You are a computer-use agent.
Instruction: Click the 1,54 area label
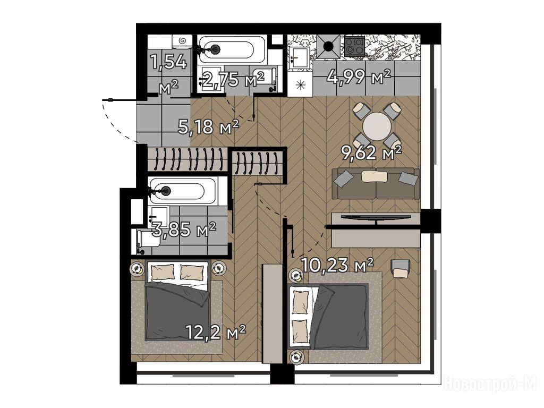point(168,63)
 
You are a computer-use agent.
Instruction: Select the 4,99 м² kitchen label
point(359,76)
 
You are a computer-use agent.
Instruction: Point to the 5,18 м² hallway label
point(208,126)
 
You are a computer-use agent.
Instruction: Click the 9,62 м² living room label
point(371,152)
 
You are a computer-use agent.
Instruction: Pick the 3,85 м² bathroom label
point(184,229)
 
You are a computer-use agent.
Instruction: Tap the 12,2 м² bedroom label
point(216,333)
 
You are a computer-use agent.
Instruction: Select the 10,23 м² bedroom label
point(337,265)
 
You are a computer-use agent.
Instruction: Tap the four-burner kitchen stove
point(354,46)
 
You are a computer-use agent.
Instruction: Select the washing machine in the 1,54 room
point(182,41)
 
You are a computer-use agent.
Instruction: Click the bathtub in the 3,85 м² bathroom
point(183,191)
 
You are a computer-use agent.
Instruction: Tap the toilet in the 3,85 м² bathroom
point(148,240)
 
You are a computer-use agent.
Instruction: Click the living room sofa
point(376,183)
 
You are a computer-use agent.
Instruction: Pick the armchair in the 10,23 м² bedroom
point(401,268)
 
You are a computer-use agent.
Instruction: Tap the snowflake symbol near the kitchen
point(301,84)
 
